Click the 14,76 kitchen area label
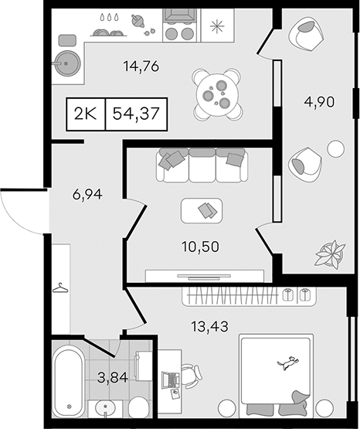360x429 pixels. coord(141,66)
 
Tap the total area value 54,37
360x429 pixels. coord(136,114)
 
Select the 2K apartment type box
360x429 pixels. coord(86,114)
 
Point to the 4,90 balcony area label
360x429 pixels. coord(319,102)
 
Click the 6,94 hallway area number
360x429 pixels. coord(87,195)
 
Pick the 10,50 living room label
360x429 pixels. coord(200,247)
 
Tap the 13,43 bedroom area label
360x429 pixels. coord(210,326)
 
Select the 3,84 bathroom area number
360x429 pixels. coord(113,378)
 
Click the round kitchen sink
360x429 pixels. coord(67,63)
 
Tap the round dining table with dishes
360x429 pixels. coord(217,94)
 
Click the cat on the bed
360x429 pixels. coord(287,363)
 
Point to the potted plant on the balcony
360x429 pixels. coord(330,254)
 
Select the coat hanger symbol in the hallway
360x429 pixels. coord(60,288)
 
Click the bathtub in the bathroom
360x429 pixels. coord(68,383)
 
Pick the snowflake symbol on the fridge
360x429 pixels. coord(217,26)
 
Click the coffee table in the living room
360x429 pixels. coord(202,211)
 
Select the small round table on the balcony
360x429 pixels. coord(336,149)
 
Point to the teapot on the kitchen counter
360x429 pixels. coord(138,21)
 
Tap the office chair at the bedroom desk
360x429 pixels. coord(192,376)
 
